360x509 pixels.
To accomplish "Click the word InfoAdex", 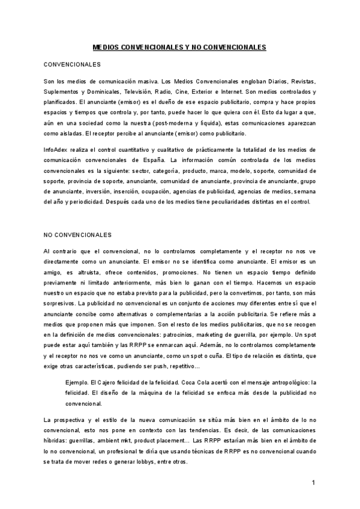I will pyautogui.click(x=58, y=148).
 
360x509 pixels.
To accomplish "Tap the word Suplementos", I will pyautogui.click(x=64, y=91).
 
